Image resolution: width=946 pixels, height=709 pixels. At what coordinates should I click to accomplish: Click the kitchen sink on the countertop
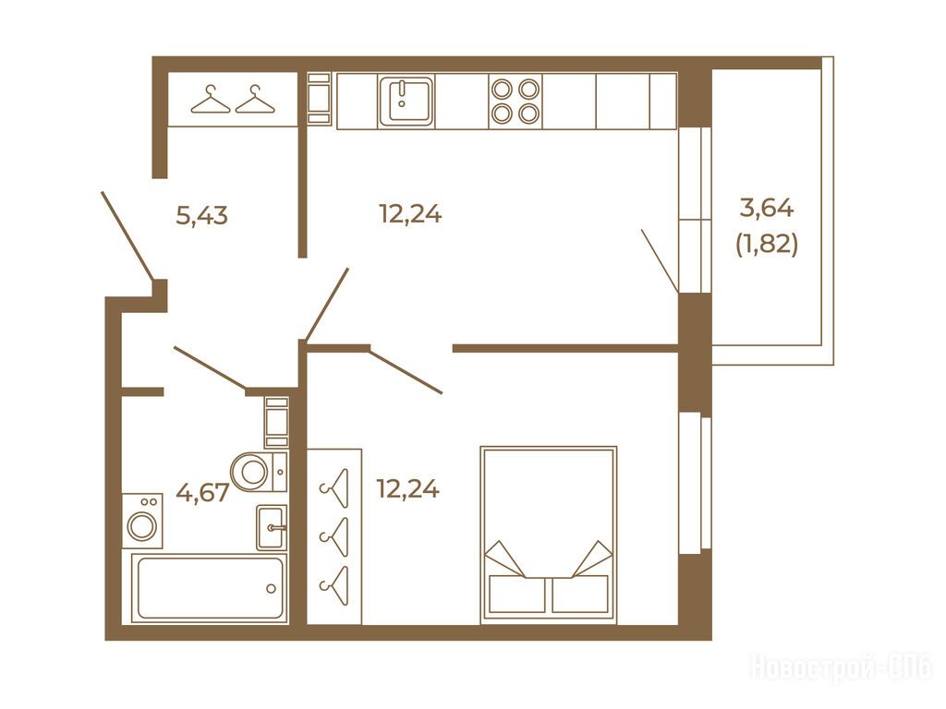tap(406, 101)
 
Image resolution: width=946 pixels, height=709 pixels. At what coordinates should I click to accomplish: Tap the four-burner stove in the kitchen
tap(515, 101)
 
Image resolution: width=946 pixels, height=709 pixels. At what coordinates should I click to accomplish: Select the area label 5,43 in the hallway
tap(201, 214)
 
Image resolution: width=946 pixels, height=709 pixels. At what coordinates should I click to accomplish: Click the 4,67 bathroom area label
tap(202, 492)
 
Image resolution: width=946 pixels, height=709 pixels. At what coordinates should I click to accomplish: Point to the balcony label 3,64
tap(767, 208)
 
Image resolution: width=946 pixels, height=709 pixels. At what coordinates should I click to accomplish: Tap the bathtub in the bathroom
tap(210, 587)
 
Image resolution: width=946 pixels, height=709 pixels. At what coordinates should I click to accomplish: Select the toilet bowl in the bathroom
tap(259, 472)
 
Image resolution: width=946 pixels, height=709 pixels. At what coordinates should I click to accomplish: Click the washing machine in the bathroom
tap(142, 521)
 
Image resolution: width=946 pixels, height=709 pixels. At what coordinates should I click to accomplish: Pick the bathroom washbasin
tap(271, 527)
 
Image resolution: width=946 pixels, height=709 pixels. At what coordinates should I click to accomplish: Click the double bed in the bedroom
tap(548, 535)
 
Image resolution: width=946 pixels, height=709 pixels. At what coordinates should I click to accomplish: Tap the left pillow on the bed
tap(517, 594)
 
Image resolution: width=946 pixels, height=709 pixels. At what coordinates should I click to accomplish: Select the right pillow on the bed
tap(580, 594)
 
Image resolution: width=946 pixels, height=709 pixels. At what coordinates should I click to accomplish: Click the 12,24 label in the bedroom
tap(407, 488)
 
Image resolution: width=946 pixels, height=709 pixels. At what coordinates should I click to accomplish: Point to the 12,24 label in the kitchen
tap(410, 213)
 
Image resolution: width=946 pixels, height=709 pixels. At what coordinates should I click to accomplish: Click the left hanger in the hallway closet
tap(211, 99)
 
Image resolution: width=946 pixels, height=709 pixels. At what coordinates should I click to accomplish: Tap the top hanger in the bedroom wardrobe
tap(335, 488)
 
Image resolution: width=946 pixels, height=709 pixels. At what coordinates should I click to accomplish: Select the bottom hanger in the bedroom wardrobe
tap(335, 585)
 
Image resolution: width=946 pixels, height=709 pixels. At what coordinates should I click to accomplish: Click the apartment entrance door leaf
tap(126, 236)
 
